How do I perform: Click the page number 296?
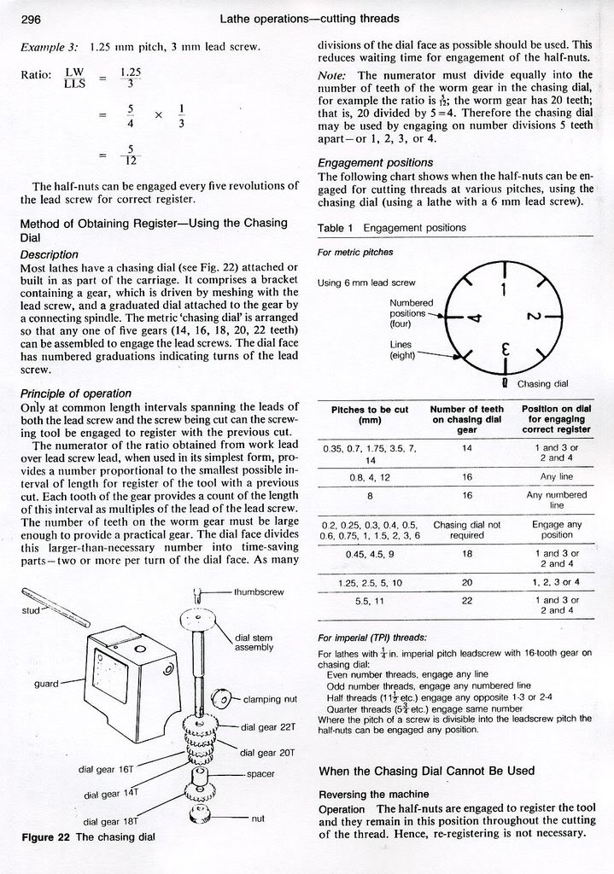[31, 19]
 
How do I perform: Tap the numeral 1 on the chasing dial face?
[504, 290]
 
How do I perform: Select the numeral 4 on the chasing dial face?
[474, 318]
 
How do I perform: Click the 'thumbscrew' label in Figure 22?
[259, 592]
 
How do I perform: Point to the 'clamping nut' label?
[270, 699]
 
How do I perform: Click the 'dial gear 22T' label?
[267, 727]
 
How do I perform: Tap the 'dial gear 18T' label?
[110, 821]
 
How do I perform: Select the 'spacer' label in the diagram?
[260, 774]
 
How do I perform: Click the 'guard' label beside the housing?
[46, 684]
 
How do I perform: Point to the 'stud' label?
[31, 610]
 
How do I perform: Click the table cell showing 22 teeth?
[467, 600]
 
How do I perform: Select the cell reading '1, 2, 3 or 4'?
[556, 582]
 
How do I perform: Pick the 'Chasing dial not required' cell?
[467, 530]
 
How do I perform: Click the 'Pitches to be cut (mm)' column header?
[370, 415]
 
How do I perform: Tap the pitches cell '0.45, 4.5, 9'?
[370, 553]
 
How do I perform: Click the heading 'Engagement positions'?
[375, 163]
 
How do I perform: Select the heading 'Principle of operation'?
[76, 393]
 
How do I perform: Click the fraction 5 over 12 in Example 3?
[131, 155]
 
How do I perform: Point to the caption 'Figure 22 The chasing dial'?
[88, 837]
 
